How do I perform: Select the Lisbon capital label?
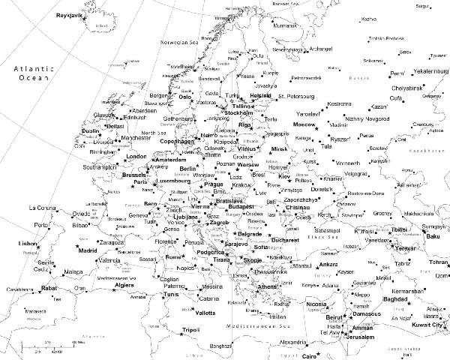click(28, 244)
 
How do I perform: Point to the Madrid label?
click(89, 250)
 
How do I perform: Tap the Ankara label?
click(328, 265)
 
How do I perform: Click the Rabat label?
click(49, 287)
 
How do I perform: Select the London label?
click(135, 156)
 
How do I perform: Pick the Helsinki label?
click(260, 96)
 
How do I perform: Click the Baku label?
click(432, 237)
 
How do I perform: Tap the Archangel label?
click(314, 49)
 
